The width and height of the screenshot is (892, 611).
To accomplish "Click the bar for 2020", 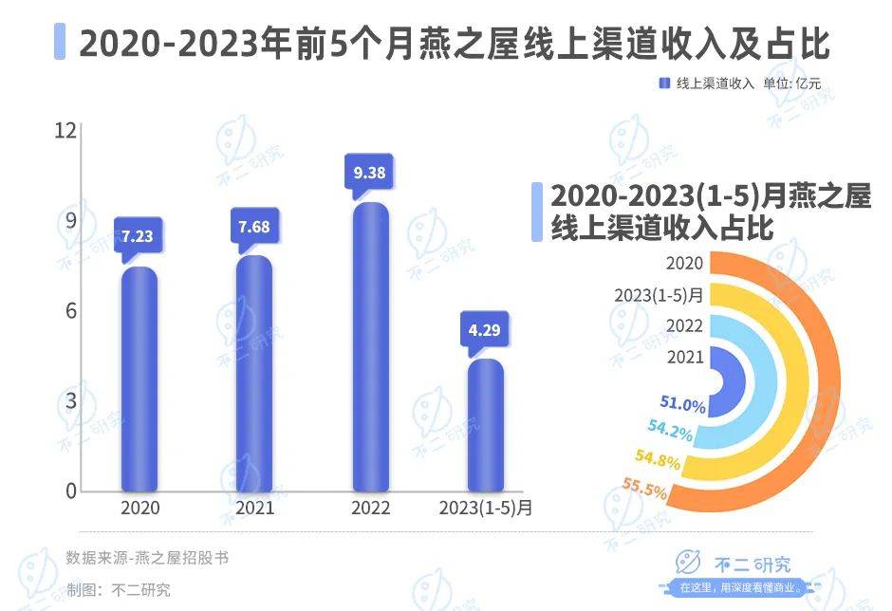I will pos(139,380).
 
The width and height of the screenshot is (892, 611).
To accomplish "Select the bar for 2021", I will pos(253,374).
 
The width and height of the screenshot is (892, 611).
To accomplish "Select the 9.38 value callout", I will pos(370,173).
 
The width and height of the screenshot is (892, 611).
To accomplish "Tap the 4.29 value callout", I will pos(486,331).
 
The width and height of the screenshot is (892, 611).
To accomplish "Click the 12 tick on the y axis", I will pos(64,130).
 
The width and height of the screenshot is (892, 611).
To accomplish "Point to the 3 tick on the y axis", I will pos(67,401).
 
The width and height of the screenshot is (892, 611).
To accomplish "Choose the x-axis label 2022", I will pos(370,509).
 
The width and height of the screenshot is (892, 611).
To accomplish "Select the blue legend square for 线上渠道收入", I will pos(664,83).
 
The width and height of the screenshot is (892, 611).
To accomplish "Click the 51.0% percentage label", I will pos(684,405).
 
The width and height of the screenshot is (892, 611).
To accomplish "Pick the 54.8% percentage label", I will pos(658,461).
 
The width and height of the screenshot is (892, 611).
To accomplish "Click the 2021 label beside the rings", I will pos(685,357).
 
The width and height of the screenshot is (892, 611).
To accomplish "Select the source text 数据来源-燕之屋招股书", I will pos(147,558).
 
